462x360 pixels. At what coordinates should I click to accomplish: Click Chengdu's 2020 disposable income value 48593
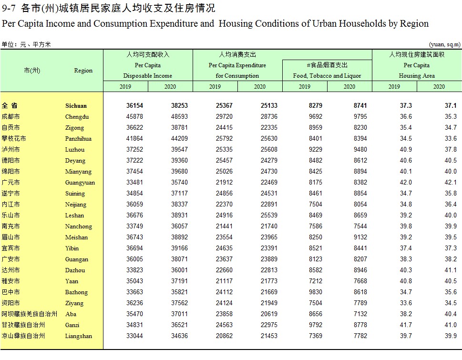coord(179,117)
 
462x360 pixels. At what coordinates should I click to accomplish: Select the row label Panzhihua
coord(78,139)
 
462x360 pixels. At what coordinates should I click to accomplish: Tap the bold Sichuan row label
coord(76,106)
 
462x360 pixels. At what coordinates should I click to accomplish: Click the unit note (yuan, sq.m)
coord(445,44)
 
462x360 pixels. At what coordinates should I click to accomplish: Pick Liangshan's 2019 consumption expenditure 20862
coord(224,336)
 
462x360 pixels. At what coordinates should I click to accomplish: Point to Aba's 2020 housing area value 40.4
coord(451,314)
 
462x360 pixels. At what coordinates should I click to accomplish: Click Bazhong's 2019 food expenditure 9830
coord(315,292)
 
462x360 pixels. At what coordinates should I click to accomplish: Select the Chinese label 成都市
coord(10,117)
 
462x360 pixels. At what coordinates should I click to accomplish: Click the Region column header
coord(83,71)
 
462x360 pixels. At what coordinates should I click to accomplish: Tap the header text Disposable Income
coord(148,76)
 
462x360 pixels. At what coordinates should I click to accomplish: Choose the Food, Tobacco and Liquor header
coord(327,76)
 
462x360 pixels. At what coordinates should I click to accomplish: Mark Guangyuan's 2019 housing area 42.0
coord(406,182)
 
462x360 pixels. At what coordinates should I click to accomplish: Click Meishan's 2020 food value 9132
coord(360,237)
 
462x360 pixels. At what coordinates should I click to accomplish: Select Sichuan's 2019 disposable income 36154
coord(134,106)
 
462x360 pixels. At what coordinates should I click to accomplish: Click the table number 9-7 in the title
coord(9,8)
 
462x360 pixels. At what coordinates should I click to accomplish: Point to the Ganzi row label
coord(72,325)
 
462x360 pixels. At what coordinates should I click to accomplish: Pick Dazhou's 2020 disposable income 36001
coord(179,270)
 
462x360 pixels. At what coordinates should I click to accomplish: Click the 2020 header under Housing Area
coord(439,87)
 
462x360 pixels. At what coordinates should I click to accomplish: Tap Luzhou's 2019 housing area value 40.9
coord(406,150)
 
